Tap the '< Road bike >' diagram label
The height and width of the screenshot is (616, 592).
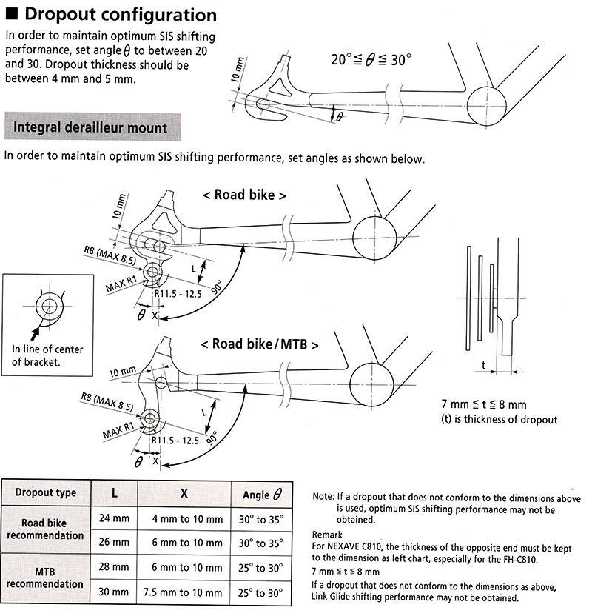[244, 195]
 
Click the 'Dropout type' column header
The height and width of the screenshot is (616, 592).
[46, 493]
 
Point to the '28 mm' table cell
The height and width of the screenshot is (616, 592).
[113, 567]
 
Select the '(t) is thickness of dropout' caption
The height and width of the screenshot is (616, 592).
[498, 420]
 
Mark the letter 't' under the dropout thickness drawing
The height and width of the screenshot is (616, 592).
[482, 364]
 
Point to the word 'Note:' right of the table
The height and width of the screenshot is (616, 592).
[324, 498]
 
